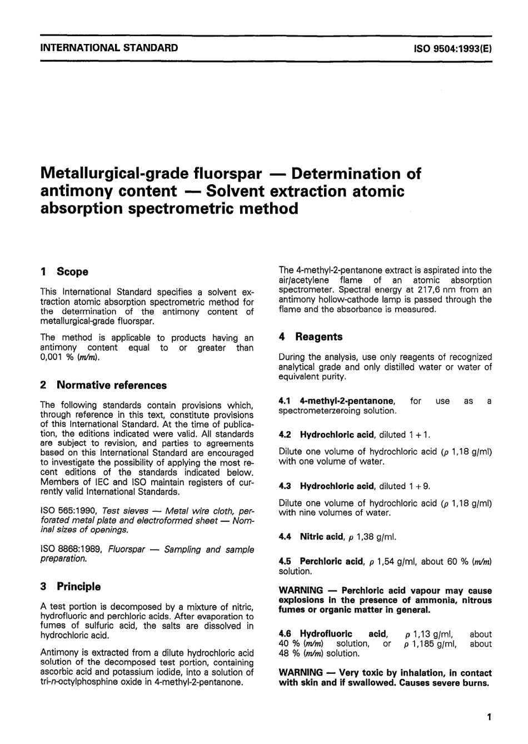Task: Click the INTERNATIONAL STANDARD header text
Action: [109, 48]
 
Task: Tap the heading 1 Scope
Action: [64, 272]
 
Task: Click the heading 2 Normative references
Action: [103, 385]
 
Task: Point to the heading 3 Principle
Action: [71, 587]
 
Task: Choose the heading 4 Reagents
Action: [311, 337]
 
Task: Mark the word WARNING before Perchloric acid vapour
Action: [301, 590]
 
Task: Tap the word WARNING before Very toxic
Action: [301, 673]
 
